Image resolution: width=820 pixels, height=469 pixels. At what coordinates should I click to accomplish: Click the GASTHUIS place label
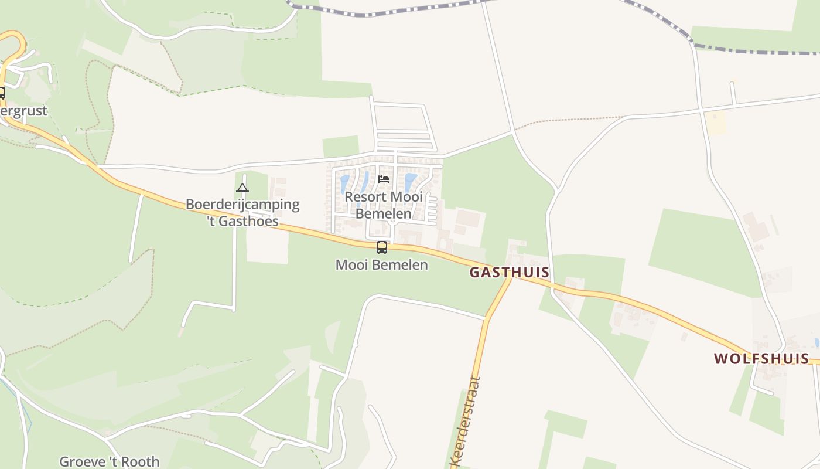point(510,272)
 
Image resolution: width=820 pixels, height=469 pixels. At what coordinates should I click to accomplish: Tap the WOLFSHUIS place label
point(761,359)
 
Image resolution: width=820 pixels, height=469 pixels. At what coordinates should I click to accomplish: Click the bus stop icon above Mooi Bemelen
point(382,247)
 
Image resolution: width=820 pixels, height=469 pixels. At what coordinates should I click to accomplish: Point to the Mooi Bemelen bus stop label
point(382,265)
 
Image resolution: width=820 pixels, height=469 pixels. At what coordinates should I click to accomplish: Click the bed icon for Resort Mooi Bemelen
point(384,179)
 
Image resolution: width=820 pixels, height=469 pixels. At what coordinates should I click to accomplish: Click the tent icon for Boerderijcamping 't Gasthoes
point(242,188)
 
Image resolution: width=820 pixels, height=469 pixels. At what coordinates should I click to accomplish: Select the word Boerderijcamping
point(242,205)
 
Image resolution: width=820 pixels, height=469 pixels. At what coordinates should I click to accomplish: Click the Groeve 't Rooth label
point(110,462)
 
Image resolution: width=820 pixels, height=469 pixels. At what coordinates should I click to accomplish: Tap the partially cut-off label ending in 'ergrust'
point(23,111)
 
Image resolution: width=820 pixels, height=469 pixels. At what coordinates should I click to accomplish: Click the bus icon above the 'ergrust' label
point(2,93)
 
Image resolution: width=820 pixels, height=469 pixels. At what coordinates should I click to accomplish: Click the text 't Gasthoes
point(242,222)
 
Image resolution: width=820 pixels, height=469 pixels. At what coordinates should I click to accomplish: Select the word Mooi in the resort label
point(408,197)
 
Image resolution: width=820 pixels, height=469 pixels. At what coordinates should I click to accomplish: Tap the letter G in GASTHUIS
point(475,272)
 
